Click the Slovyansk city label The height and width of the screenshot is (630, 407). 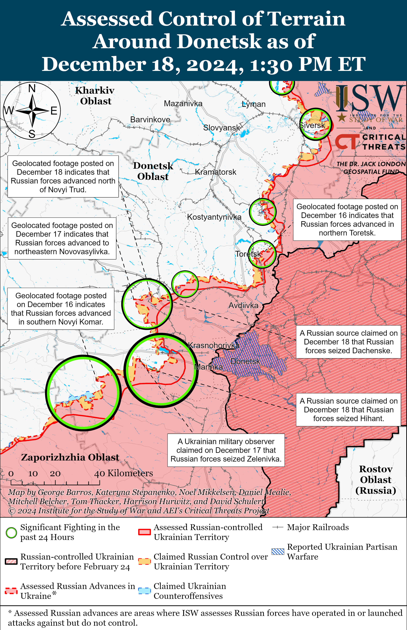click(222, 128)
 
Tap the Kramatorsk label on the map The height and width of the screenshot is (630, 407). click(215, 172)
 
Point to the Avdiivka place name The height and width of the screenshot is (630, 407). click(243, 306)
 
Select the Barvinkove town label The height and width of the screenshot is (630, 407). click(150, 119)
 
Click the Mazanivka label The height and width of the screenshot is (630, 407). click(183, 103)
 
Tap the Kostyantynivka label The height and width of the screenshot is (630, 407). click(214, 217)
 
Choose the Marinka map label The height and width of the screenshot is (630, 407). click(208, 367)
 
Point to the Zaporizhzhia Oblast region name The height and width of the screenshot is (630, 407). click(70, 457)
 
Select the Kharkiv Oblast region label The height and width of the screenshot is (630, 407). click(95, 96)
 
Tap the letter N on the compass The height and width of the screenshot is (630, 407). click(32, 88)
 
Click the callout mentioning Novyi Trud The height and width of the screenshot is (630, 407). click(63, 176)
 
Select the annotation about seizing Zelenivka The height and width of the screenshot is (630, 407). click(226, 450)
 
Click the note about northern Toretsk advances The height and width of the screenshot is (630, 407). click(347, 220)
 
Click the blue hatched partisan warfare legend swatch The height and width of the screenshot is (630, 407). click(278, 551)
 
